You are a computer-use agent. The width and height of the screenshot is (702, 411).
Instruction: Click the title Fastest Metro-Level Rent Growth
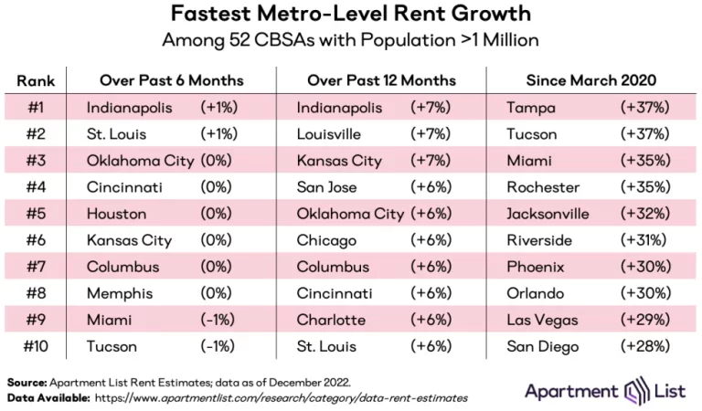tap(351, 16)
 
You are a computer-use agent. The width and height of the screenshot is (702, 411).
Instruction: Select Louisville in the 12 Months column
tap(326, 134)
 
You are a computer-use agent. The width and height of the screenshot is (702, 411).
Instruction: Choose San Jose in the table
tap(326, 187)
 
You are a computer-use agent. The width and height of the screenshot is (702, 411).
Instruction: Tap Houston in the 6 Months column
tap(115, 214)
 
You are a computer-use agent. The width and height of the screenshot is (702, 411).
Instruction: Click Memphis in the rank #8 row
tap(117, 293)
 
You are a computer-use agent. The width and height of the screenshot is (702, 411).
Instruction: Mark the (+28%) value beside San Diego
tap(644, 346)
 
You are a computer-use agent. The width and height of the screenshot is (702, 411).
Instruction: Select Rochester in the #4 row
tap(542, 187)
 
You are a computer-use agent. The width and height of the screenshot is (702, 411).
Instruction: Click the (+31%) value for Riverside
tap(644, 240)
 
